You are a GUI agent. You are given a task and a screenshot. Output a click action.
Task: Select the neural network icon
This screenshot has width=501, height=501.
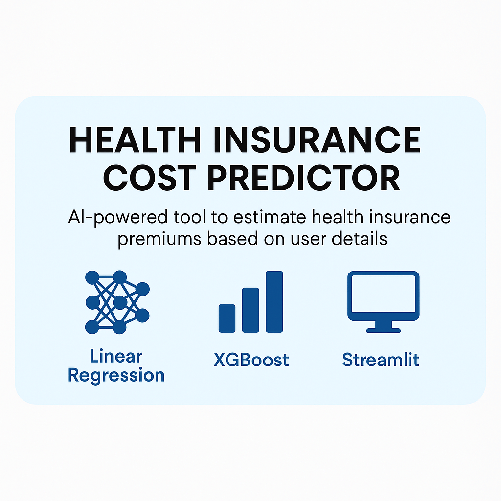coord(117,302)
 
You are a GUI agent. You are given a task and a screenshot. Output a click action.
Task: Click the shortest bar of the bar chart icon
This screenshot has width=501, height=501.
coord(227,318)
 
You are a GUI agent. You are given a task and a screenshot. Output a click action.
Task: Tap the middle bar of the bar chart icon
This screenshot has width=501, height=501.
coord(250,310)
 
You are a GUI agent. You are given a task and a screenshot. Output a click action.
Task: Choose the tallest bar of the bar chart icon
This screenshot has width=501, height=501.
coord(274,301)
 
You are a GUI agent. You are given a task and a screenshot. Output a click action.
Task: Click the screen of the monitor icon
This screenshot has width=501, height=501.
coord(383,296)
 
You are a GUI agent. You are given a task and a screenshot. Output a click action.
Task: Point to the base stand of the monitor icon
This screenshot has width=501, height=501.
coord(384,329)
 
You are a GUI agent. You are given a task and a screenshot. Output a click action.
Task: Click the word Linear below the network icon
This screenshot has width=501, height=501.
coord(116,356)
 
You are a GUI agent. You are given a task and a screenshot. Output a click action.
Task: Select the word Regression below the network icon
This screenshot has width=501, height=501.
coord(116,376)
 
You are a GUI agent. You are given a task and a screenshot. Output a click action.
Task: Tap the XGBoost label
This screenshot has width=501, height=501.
coord(251,360)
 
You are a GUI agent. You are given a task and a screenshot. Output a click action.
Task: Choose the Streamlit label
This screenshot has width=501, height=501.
coord(381,360)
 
